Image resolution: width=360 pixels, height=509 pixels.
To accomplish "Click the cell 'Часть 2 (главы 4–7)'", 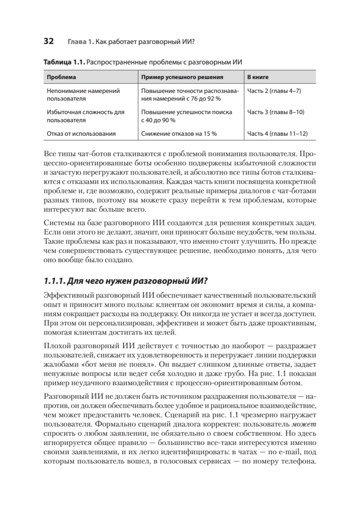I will click(274, 91).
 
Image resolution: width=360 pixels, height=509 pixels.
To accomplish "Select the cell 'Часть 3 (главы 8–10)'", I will click(276, 112).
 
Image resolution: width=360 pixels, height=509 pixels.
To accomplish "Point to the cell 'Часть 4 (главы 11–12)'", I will click(277, 134).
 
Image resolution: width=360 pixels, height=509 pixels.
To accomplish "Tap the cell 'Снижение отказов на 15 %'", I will click(179, 134).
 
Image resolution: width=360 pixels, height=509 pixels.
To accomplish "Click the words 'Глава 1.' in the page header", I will click(80, 42).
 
